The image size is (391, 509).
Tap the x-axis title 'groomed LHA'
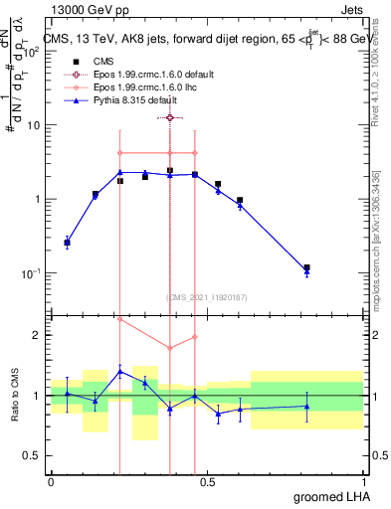click(328, 496)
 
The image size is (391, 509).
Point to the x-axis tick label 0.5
click(207, 481)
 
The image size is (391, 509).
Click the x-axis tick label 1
click(363, 481)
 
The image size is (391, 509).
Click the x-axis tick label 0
click(51, 481)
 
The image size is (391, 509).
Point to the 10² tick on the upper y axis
click(32, 52)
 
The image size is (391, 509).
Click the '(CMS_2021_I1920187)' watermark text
click(206, 296)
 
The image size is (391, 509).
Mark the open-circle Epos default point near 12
click(170, 117)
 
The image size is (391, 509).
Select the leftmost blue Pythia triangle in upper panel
click(67, 243)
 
